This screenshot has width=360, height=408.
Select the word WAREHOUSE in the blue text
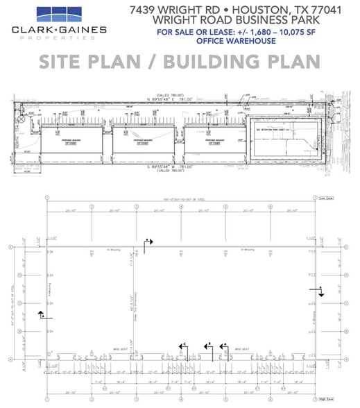[246, 41]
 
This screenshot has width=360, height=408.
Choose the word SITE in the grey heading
[65, 62]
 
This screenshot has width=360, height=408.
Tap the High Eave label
[327, 398]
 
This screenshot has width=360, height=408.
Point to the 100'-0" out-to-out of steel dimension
[180, 199]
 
